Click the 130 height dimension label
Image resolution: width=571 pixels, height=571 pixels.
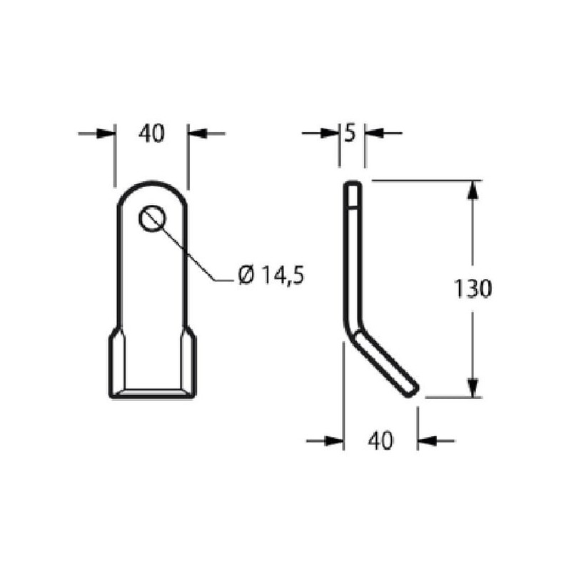473,288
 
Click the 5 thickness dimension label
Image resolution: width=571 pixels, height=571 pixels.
350,133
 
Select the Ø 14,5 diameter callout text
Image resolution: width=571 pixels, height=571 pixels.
271,275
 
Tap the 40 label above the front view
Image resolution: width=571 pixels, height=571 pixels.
151,133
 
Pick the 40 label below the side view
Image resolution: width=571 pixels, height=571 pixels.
380,440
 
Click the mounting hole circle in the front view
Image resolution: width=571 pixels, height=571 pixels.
152,218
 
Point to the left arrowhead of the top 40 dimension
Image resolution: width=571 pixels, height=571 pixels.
106,133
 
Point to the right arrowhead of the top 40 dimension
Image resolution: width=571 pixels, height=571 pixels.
198,133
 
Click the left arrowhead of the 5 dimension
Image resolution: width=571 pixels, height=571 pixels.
330,133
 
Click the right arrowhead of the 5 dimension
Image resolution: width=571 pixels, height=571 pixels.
374,133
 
